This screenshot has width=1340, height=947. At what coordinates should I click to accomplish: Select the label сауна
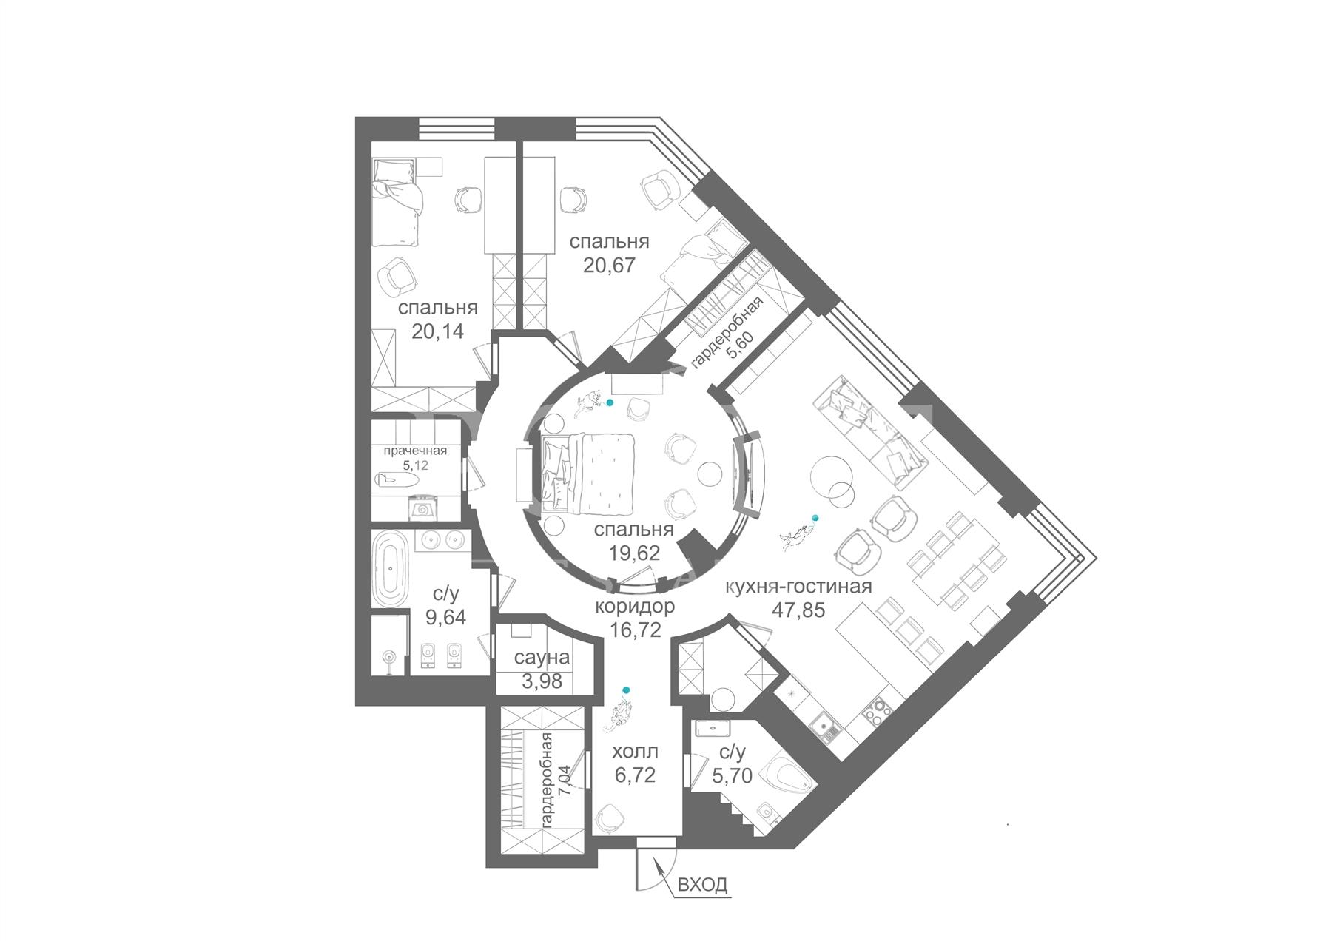click(542, 657)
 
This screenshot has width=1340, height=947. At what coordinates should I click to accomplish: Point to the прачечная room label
click(414, 451)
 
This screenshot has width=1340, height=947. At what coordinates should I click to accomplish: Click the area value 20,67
click(610, 265)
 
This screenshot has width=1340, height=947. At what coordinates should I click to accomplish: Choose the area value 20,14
click(438, 331)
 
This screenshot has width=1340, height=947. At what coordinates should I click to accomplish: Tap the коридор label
click(635, 606)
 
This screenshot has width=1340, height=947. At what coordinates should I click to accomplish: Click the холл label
click(635, 752)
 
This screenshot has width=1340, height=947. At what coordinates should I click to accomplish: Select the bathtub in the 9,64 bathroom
click(390, 567)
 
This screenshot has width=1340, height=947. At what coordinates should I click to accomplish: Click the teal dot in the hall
click(627, 690)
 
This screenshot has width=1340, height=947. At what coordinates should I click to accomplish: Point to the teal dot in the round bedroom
click(610, 402)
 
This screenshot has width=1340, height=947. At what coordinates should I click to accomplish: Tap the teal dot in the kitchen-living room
click(815, 517)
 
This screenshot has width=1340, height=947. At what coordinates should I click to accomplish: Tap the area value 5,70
click(732, 775)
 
